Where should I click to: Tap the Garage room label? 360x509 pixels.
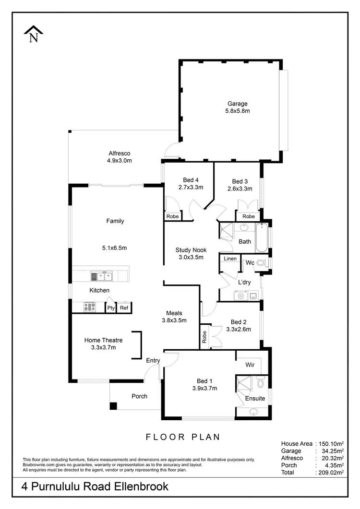click(x=237, y=104)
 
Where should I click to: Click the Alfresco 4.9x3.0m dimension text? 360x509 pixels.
click(x=120, y=161)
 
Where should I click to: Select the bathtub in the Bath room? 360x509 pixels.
click(x=262, y=238)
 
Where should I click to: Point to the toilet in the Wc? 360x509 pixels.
click(x=261, y=263)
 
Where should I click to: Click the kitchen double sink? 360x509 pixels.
click(x=101, y=276)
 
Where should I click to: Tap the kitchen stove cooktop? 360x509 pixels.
click(x=90, y=307)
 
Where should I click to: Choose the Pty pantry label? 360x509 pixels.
click(x=111, y=308)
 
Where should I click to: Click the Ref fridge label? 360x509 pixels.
click(x=124, y=308)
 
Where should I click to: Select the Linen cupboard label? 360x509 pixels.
click(x=230, y=259)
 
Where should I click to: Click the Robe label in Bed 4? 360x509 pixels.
click(x=172, y=216)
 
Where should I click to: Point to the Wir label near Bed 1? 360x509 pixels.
click(x=250, y=365)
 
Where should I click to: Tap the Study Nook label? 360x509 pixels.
click(x=191, y=249)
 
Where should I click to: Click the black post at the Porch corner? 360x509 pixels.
click(x=113, y=406)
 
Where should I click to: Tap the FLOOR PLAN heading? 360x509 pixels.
click(x=182, y=437)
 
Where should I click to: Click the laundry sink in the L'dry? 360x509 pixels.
click(x=241, y=296)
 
